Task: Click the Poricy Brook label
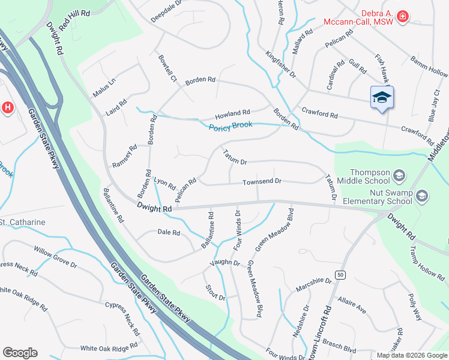pyautogui.click(x=231, y=127)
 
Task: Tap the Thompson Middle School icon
pyautogui.click(x=400, y=175)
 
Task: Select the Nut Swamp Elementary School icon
pyautogui.click(x=422, y=196)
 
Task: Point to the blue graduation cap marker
pyautogui.click(x=381, y=98)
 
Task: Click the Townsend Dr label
pyautogui.click(x=262, y=182)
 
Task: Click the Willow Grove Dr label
pyautogui.click(x=55, y=256)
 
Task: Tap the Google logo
pyautogui.click(x=20, y=353)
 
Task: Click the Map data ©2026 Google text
pyautogui.click(x=411, y=355)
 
